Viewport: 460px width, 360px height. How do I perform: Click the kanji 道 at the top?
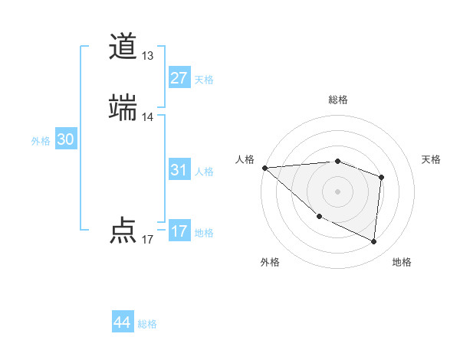tap(123, 47)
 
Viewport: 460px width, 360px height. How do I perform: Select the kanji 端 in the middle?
tap(123, 108)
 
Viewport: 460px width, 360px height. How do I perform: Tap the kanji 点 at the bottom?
tap(123, 231)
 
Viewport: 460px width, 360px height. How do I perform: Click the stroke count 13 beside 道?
tap(148, 56)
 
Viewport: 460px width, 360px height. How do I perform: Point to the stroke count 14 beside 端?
tap(148, 117)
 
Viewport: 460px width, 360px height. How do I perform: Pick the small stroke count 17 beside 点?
tap(148, 240)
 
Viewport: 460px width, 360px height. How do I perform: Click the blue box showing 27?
tap(179, 78)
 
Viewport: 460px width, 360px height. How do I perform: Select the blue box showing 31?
tap(179, 170)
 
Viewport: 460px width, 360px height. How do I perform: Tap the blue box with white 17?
tap(179, 231)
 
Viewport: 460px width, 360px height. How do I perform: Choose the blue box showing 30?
tap(66, 139)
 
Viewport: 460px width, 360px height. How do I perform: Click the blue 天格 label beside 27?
tap(204, 80)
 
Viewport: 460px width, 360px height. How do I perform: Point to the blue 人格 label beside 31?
tap(204, 172)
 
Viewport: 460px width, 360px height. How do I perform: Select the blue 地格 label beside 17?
tap(204, 233)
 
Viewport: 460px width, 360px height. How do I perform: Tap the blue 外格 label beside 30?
tap(41, 141)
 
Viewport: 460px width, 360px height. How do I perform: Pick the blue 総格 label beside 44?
tap(147, 324)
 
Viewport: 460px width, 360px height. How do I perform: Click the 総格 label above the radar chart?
tap(338, 100)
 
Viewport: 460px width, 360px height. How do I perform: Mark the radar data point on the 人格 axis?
tap(264, 168)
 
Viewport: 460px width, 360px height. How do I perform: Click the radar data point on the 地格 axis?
tap(374, 241)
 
